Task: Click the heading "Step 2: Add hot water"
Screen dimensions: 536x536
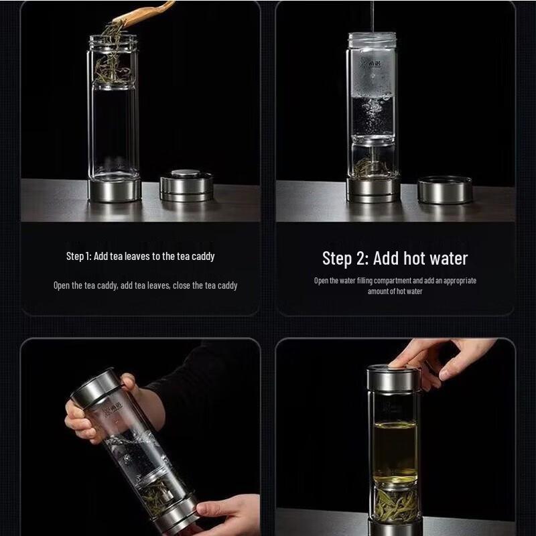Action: coord(395,259)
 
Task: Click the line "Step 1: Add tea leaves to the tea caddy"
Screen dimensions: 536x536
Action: coord(140,257)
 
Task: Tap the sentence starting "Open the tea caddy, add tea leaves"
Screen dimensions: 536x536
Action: coord(145,285)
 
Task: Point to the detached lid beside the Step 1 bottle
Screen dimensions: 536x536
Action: coord(186,186)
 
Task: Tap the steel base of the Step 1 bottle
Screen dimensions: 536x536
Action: coord(115,190)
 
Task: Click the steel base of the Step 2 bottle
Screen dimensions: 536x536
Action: coord(373,190)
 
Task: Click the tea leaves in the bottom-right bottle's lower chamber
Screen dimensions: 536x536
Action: coord(395,499)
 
